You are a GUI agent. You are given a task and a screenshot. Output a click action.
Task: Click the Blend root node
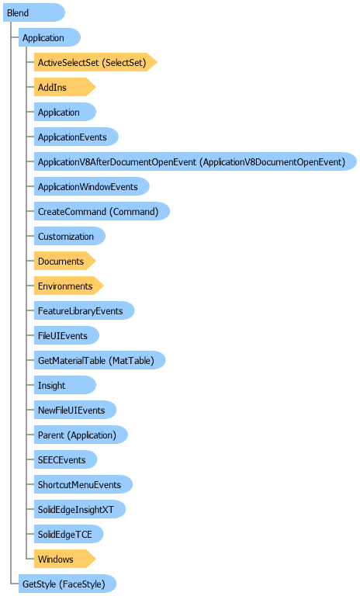[34, 12]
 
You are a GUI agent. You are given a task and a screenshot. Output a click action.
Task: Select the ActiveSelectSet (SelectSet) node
[95, 62]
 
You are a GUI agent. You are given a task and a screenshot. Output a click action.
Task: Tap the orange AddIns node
[64, 87]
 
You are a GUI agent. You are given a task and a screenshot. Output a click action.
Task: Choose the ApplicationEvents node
[76, 137]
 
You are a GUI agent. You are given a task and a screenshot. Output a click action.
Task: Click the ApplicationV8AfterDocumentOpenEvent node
[196, 161]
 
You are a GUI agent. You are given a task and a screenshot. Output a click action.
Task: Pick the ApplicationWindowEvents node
[92, 186]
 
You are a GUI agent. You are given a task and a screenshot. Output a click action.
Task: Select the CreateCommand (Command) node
[102, 211]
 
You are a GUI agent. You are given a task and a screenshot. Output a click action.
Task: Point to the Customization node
[70, 236]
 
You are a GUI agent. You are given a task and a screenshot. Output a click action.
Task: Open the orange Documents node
[64, 261]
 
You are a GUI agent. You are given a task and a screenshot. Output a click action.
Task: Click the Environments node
[69, 286]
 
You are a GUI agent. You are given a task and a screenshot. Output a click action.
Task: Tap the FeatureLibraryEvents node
[84, 310]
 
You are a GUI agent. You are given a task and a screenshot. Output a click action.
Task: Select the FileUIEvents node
[67, 335]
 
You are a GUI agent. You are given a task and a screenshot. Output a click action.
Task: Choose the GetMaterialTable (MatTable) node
[99, 360]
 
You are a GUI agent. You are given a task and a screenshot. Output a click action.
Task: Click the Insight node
[65, 385]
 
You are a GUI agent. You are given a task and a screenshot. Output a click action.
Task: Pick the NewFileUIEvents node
[75, 410]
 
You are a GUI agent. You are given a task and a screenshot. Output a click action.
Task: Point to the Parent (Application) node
[81, 435]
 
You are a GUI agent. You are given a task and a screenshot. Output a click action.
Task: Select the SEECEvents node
[65, 459]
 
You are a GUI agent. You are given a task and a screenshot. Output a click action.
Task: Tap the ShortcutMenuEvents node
[83, 484]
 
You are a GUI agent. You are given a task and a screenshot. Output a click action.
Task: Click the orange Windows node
[64, 559]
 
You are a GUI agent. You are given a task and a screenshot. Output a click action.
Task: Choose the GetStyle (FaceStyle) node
[67, 584]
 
